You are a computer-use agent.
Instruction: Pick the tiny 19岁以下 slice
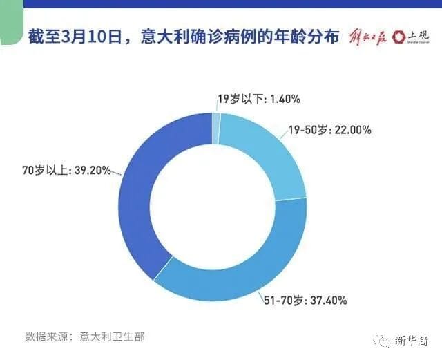tap(216, 129)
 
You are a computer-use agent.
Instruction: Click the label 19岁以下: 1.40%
tap(259, 99)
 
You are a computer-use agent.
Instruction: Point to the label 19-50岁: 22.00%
tap(329, 130)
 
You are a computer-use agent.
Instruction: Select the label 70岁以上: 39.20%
tap(66, 171)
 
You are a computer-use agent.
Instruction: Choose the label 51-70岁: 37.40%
tap(305, 301)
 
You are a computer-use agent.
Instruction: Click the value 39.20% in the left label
tap(93, 171)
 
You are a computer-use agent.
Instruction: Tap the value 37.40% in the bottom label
tap(329, 301)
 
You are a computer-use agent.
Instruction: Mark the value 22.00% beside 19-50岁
tap(353, 130)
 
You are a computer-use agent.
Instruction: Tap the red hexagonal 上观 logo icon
tap(399, 37)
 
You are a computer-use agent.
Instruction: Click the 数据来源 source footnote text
tap(84, 337)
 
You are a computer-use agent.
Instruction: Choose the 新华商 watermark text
tap(412, 341)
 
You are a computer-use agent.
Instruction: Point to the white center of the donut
tap(212, 207)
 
